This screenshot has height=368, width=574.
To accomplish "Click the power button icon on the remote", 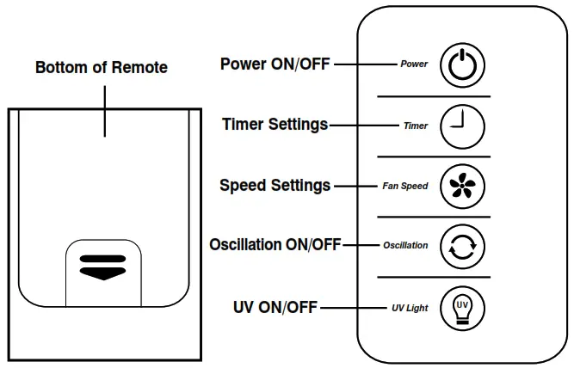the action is (462, 65).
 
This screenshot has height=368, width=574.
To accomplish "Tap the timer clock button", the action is (462, 126).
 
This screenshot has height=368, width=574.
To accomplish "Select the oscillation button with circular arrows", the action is (462, 247).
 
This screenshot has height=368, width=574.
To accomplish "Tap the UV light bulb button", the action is (462, 309).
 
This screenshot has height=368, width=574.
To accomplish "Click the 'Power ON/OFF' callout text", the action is (275, 64).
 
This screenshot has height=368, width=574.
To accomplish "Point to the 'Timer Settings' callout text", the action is (275, 125).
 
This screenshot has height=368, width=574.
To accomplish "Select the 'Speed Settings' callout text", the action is (275, 186).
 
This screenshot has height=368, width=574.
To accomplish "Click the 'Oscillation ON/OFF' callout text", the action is (275, 244).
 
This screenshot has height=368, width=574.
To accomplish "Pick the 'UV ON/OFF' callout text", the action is (275, 307).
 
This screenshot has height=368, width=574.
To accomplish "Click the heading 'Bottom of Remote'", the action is (102, 68).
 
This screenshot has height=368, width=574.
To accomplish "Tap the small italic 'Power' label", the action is (414, 64).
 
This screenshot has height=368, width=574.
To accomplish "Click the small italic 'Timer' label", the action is (416, 126).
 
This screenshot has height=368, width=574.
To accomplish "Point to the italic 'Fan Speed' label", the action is (405, 187).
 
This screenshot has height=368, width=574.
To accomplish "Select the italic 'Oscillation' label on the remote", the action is (405, 245).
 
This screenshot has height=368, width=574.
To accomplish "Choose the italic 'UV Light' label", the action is (410, 308).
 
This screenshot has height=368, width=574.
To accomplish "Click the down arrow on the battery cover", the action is (103, 273).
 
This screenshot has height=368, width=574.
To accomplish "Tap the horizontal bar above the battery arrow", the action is (103, 259).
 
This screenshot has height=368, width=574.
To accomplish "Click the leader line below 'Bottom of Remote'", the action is (105, 112).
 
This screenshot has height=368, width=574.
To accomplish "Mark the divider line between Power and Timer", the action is (434, 96).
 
